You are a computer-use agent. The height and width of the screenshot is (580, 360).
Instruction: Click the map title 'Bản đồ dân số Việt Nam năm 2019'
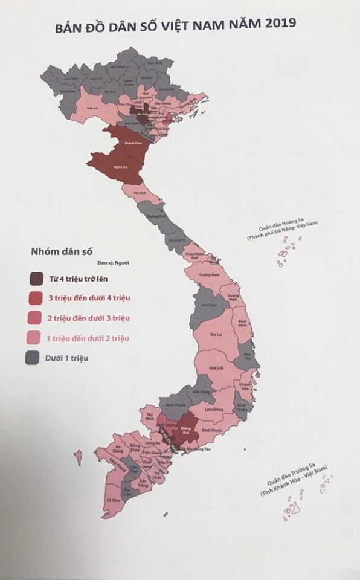[x=175, y=27]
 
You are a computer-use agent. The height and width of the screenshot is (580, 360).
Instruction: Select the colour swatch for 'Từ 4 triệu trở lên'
[x=37, y=279]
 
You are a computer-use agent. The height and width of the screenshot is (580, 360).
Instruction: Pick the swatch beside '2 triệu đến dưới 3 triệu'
[x=37, y=318]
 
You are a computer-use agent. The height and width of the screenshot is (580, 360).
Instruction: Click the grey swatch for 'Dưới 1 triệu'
[x=37, y=358]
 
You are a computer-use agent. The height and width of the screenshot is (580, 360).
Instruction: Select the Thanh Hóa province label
[x=129, y=143]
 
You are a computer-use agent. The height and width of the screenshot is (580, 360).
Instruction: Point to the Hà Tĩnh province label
[x=141, y=193]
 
